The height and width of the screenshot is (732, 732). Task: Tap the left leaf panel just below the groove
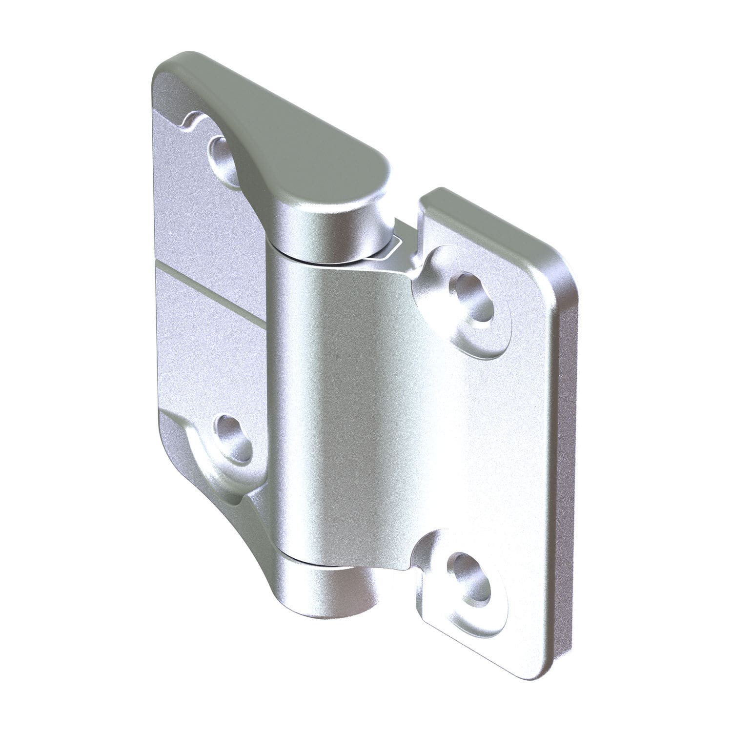(210, 332)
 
